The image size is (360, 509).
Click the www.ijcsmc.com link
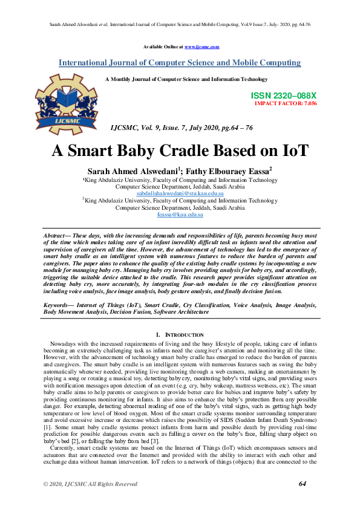201,47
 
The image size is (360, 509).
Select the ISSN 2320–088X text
283,96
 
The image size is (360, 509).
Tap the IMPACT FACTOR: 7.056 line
286,103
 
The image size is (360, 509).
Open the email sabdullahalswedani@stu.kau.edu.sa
180,193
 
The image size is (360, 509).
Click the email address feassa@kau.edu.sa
180,215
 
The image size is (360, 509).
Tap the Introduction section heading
182,334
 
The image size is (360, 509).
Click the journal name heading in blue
180,62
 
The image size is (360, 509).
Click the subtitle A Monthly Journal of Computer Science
186,79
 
